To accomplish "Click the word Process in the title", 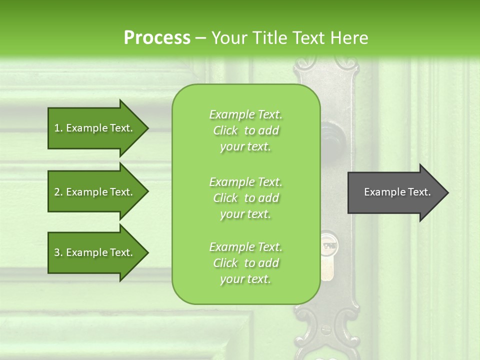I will pos(157,38).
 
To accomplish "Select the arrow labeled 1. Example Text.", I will pos(94,128).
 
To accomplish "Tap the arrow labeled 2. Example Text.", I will pos(94,192).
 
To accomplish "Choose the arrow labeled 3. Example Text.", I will pos(94,252).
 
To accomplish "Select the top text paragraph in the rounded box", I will pos(245,130).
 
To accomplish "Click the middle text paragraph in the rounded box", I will pos(245,197).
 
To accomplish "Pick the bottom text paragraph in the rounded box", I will pos(245,263).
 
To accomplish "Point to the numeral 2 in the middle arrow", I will pos(57,192).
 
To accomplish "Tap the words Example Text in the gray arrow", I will pos(397,192).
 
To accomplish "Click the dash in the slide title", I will pos(201,38).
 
